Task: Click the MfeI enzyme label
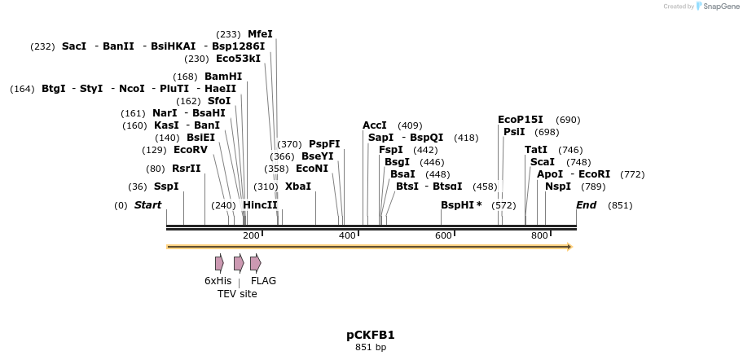point(260,34)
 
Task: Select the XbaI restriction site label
point(297,187)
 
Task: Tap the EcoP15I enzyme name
point(520,120)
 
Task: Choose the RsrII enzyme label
point(186,169)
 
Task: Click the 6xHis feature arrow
point(219,262)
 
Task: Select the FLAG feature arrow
point(256,262)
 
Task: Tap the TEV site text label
point(237,293)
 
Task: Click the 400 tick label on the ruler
point(348,235)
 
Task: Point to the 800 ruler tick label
point(539,235)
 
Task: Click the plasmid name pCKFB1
point(371,335)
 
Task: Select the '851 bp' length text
point(371,348)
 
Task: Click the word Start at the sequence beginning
point(147,205)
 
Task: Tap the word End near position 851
point(586,205)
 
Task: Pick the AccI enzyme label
point(375,125)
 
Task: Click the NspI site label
point(558,187)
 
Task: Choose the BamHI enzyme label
point(223,77)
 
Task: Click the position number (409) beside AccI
point(410,125)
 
